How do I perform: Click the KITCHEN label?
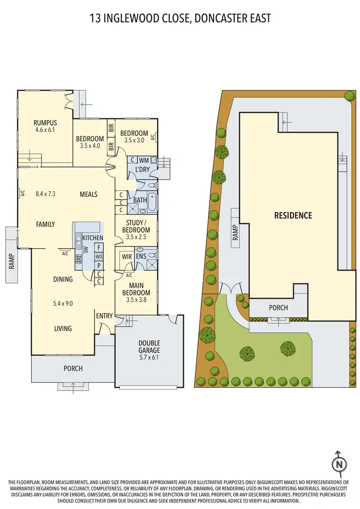tap(93, 238)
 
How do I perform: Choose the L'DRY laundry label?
tap(142, 171)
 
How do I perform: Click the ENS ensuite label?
tap(141, 257)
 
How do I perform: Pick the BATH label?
tap(140, 200)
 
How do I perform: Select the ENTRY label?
tap(104, 316)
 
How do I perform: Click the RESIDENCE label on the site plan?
tap(293, 215)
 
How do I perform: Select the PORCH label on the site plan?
tap(278, 308)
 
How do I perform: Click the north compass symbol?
tap(339, 463)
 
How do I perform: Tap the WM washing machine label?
tap(144, 160)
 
